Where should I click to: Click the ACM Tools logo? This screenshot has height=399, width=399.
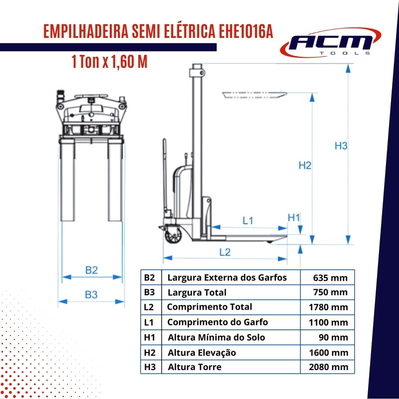tap(330, 43)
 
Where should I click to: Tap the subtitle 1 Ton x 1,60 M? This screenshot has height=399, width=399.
tap(110, 61)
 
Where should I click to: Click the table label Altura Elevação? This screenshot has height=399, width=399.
tap(202, 353)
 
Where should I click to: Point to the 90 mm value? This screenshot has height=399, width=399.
tap(333, 338)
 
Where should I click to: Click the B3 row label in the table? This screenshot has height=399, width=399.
tap(149, 292)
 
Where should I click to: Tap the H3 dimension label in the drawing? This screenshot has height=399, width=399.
tap(341, 146)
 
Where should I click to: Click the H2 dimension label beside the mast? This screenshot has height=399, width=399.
tap(305, 166)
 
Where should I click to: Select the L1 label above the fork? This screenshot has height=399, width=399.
tap(248, 220)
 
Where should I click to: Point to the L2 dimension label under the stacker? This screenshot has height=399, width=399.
tap(225, 252)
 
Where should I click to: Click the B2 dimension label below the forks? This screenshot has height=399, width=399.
tap(92, 270)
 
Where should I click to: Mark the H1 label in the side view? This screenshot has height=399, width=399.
tap(294, 218)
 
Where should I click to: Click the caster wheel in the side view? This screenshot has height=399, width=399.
tap(173, 235)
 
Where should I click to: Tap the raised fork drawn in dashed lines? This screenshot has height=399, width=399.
tap(255, 95)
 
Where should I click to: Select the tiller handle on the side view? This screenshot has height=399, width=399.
tap(165, 176)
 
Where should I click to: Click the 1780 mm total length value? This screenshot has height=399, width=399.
tap(328, 307)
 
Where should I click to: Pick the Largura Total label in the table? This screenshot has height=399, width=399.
tap(197, 293)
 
